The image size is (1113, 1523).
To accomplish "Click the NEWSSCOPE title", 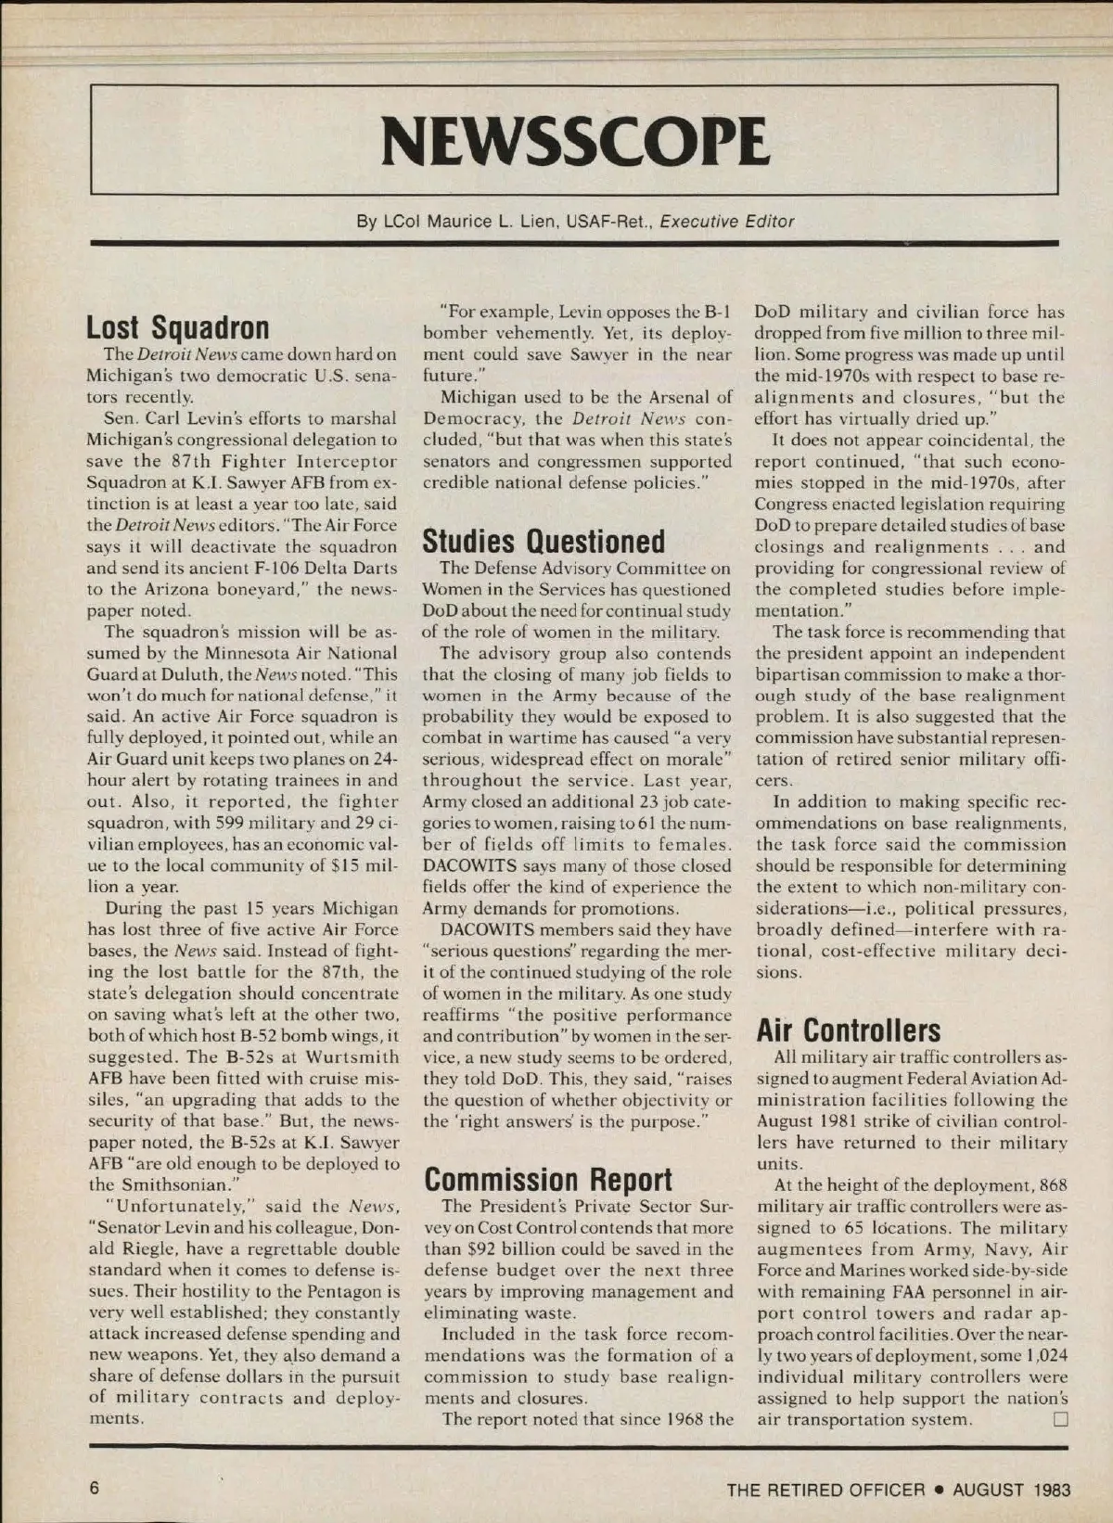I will [574, 142].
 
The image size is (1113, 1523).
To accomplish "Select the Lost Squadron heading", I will [177, 327].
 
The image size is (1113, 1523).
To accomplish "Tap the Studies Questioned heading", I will [544, 541].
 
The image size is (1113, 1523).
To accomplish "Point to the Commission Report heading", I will [547, 1179].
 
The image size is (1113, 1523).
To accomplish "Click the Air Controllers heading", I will [848, 1030].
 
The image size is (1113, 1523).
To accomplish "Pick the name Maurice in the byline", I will [467, 222].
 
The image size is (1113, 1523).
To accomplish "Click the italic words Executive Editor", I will [727, 222].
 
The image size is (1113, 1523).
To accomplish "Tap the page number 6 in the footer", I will [94, 1489].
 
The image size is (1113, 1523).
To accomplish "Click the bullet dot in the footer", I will [939, 1491].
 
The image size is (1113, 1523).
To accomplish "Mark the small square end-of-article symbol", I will [1061, 1419].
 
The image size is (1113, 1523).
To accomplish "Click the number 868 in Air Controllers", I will [1053, 1184].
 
